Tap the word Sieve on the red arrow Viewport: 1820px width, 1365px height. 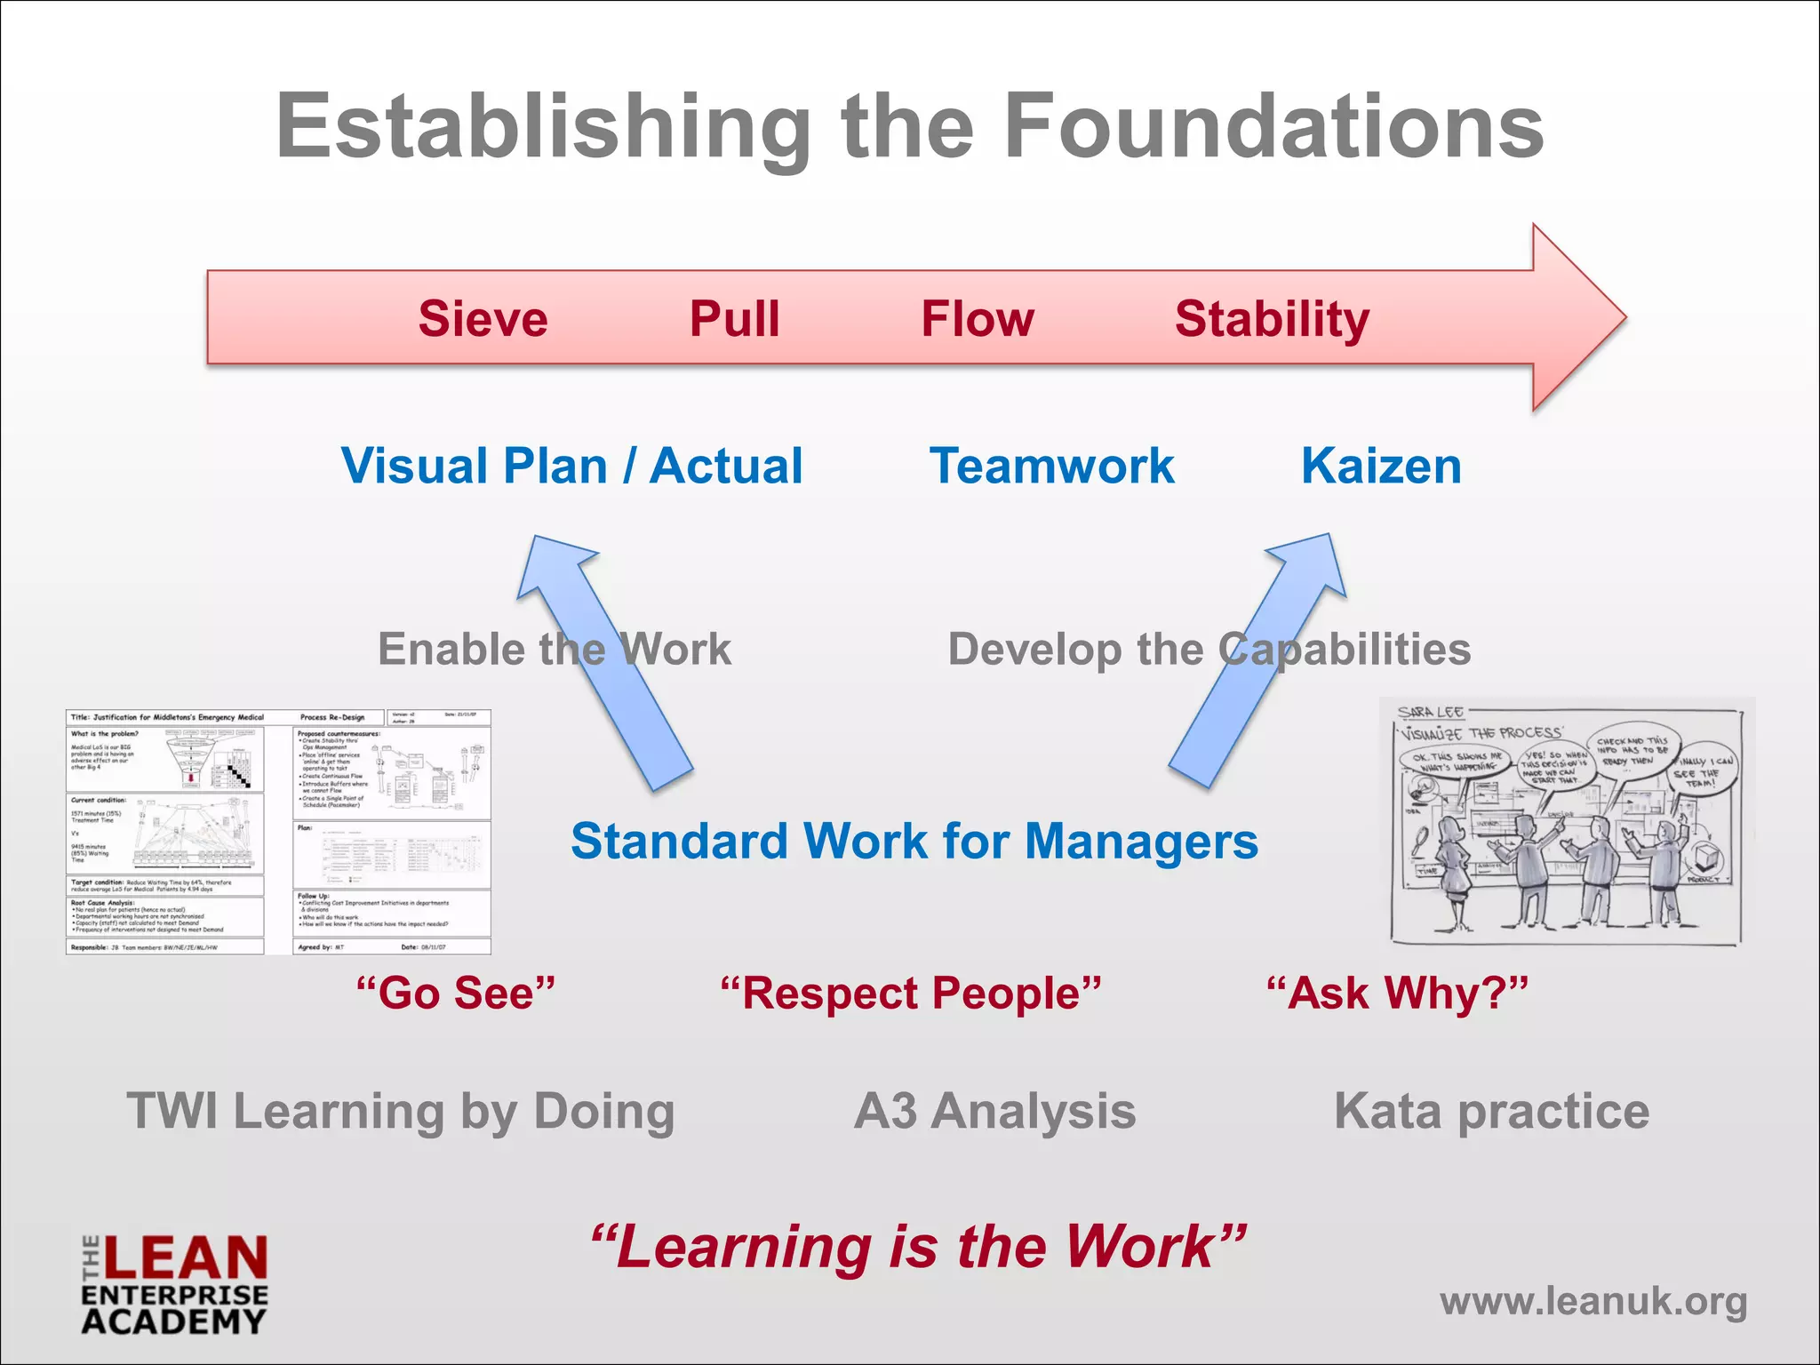(x=483, y=319)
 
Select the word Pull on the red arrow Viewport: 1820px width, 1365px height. (x=734, y=319)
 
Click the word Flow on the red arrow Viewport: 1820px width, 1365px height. (x=978, y=319)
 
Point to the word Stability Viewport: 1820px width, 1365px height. (x=1272, y=319)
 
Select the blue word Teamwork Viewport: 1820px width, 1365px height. (x=1051, y=466)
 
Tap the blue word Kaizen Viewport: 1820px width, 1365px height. (x=1381, y=466)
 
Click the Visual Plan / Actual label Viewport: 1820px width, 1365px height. (x=571, y=466)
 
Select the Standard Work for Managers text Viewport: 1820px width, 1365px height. (x=914, y=841)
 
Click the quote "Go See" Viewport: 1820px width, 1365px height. (x=455, y=993)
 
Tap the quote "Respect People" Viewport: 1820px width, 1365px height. (x=911, y=993)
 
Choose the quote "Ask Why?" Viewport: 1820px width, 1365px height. (x=1397, y=993)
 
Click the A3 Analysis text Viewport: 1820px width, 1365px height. (x=994, y=1111)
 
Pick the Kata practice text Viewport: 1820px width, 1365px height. (x=1491, y=1111)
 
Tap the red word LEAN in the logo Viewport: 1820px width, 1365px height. (x=185, y=1258)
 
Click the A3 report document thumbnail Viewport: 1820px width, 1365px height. (x=278, y=832)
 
